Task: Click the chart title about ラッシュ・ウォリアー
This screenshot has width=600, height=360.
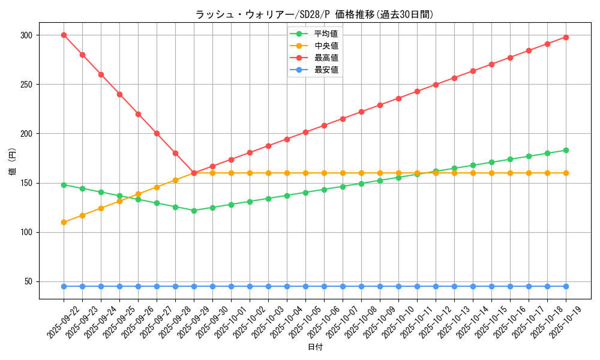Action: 314,14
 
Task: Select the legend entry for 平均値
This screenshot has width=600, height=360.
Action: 326,34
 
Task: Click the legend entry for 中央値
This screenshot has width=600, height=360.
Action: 326,46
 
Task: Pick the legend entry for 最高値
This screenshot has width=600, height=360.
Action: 326,58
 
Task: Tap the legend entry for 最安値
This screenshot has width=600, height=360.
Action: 326,70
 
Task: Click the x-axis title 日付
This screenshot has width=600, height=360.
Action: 314,347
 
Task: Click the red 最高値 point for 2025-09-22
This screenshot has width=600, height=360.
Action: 64,35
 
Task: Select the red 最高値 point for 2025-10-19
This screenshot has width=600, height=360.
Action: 566,37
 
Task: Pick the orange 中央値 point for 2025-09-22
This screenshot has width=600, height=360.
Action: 64,222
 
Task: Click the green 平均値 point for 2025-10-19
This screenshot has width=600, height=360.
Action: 566,150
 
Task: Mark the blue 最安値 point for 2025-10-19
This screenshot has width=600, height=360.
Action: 566,286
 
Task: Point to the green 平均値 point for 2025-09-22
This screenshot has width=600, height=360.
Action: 64,185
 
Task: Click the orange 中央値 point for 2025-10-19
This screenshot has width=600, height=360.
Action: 566,173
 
